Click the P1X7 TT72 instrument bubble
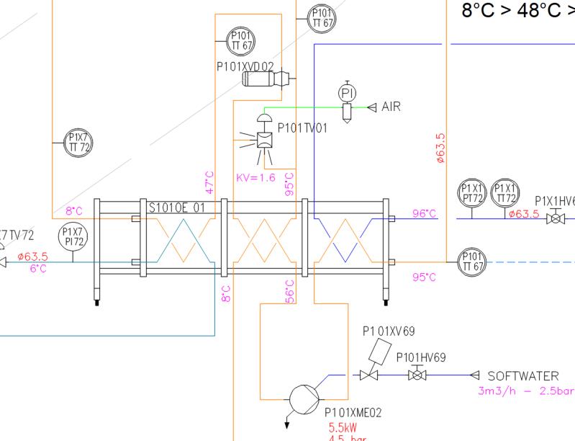point(76,141)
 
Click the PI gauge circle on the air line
point(347,94)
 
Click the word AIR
point(391,107)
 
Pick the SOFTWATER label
point(523,376)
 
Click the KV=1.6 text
point(255,177)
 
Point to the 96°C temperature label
point(425,213)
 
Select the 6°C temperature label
point(37,268)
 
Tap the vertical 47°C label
point(210,183)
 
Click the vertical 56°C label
point(290,292)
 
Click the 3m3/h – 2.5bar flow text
point(525,392)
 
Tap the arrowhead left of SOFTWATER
point(474,375)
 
